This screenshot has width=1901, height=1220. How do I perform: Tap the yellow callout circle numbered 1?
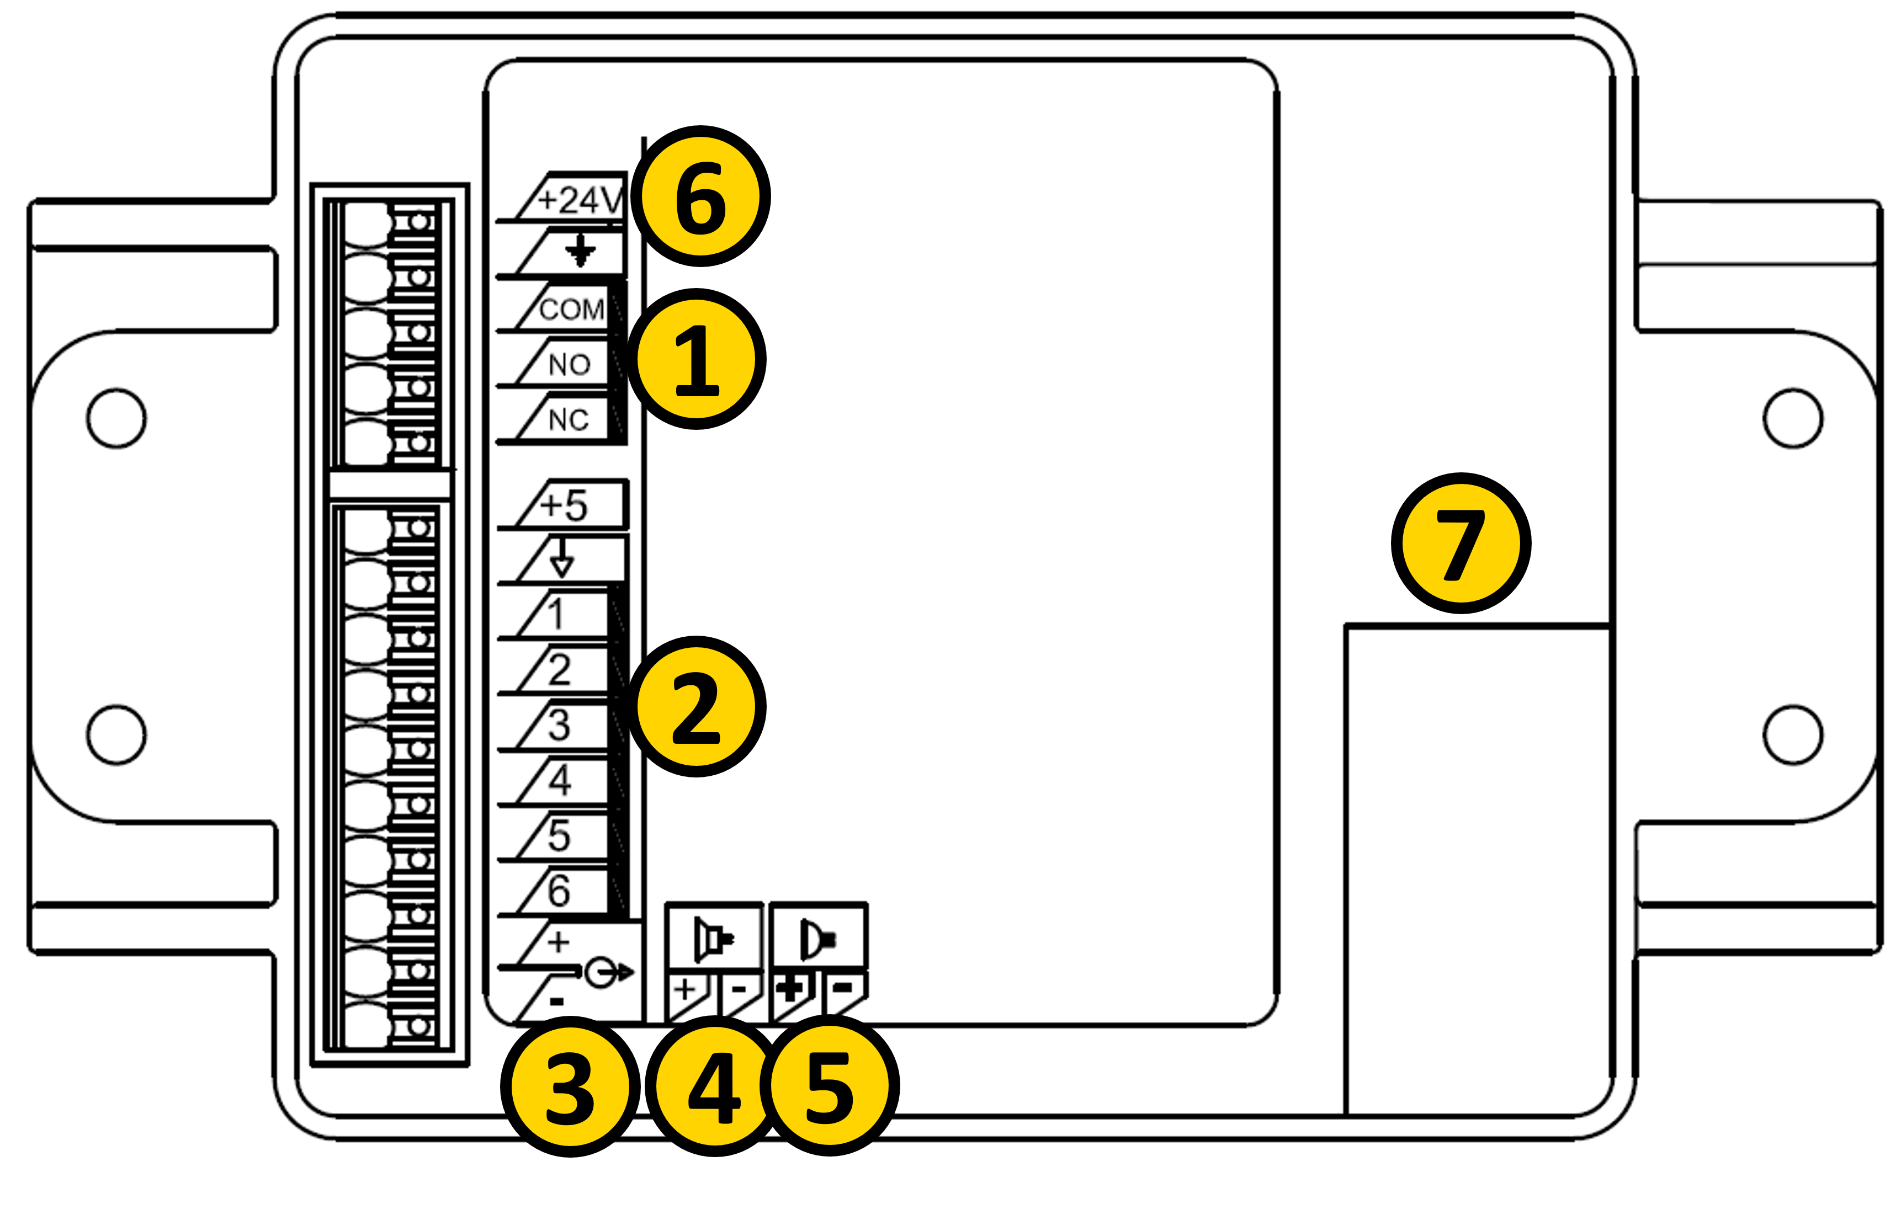(x=697, y=359)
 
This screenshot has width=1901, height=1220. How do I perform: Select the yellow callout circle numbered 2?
(x=697, y=707)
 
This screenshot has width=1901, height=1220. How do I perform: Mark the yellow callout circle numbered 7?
(x=1461, y=544)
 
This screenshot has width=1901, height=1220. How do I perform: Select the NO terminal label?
(x=570, y=364)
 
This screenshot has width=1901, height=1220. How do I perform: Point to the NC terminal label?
(x=569, y=420)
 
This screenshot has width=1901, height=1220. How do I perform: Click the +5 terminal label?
(x=564, y=505)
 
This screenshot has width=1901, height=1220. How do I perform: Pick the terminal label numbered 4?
(x=560, y=780)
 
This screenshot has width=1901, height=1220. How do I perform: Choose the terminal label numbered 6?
(x=560, y=891)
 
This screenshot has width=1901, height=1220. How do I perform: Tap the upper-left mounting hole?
(x=116, y=418)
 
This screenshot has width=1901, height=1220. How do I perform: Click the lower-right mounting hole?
(x=1793, y=734)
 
